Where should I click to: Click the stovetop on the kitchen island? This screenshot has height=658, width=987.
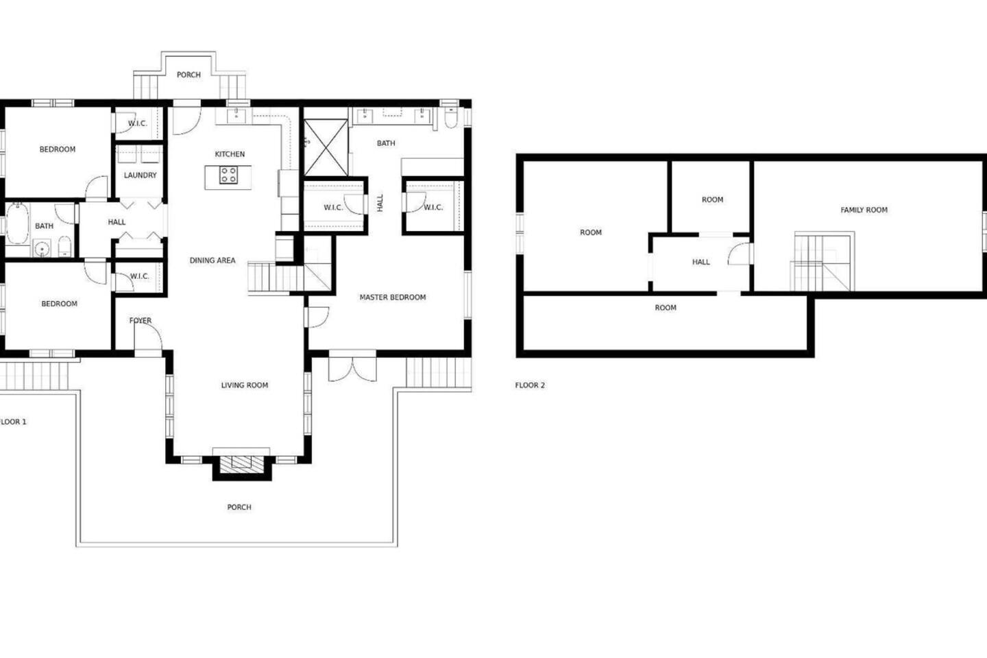(x=228, y=175)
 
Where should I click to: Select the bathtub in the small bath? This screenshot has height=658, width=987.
(x=17, y=223)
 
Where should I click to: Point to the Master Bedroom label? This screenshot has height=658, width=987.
(x=393, y=297)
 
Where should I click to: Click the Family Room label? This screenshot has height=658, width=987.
(x=864, y=210)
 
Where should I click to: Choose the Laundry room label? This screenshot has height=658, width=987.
(x=140, y=175)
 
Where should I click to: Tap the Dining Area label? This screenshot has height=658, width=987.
(x=212, y=260)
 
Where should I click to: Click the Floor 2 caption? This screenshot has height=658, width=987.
(x=530, y=385)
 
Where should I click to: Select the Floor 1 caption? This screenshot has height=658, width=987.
(x=13, y=422)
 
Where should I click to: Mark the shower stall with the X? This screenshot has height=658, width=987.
(x=326, y=147)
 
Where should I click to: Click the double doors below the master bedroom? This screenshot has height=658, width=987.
(x=352, y=367)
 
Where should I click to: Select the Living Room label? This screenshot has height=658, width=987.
(x=245, y=385)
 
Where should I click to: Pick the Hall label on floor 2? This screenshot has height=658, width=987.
(x=701, y=263)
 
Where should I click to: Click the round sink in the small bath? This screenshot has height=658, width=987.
(x=41, y=249)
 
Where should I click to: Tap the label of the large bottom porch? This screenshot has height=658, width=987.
(x=239, y=507)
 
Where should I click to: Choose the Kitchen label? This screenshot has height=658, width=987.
(x=230, y=154)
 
